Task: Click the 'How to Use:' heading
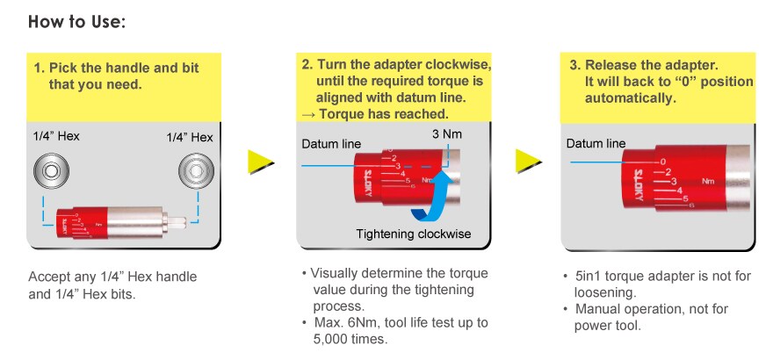78,21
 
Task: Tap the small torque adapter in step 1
114,224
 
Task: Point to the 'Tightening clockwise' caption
414,234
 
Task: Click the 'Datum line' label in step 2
329,144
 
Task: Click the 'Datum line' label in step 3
596,143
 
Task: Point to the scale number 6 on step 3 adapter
692,205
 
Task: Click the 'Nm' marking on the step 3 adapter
709,180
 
